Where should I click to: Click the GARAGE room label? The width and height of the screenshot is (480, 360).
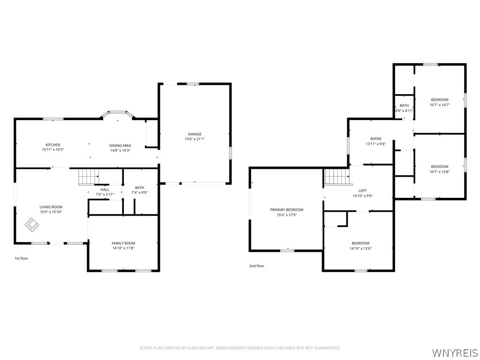pos(195,134)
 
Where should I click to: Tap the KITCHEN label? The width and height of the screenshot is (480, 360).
pos(53,145)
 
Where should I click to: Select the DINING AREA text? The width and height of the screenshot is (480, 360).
pos(120,145)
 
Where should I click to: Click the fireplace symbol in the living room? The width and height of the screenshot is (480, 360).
pos(32,224)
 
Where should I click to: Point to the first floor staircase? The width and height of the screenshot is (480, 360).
pos(89,177)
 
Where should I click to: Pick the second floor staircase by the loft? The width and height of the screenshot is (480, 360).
pos(337,177)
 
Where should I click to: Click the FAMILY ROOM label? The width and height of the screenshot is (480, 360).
pos(123,243)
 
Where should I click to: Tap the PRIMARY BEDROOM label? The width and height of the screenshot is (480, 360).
pos(286,210)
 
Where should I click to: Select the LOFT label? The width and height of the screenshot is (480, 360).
pos(362,191)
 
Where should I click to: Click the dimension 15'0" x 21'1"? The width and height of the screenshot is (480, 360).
pos(195,139)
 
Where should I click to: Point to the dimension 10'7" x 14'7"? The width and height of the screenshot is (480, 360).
pos(440,105)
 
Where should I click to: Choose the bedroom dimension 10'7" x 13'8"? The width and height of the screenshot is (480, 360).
pos(440,172)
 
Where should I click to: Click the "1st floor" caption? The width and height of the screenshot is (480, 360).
pos(22,258)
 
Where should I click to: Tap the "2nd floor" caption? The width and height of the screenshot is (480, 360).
pos(256,266)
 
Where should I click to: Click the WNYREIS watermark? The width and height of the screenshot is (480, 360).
pos(454,352)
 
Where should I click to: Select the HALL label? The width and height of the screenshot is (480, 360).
pos(105,190)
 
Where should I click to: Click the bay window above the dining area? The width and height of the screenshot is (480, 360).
pos(118,113)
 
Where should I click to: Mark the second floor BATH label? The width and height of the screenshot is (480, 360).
pos(404,105)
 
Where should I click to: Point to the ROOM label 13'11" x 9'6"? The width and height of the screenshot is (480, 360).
pos(375,139)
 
